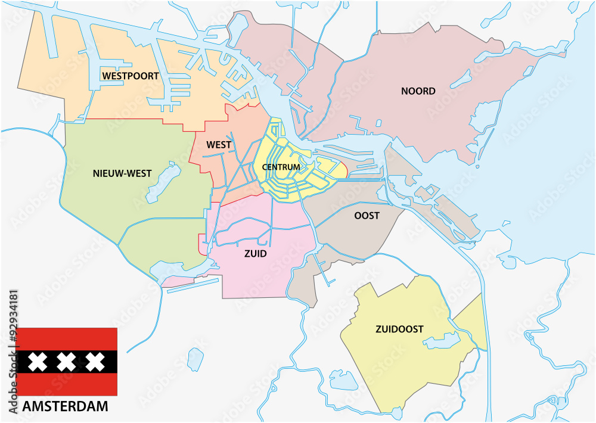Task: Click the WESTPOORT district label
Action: point(130,76)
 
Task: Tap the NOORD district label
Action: point(418,91)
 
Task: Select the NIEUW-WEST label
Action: point(122,173)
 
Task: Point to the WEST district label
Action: point(219,145)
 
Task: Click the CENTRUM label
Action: point(281,167)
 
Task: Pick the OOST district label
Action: point(367,216)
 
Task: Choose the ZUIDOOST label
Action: point(399,329)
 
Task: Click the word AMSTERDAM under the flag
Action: point(66,407)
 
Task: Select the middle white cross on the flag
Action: point(67,362)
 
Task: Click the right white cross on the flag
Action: point(94,362)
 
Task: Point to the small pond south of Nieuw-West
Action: point(195,359)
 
